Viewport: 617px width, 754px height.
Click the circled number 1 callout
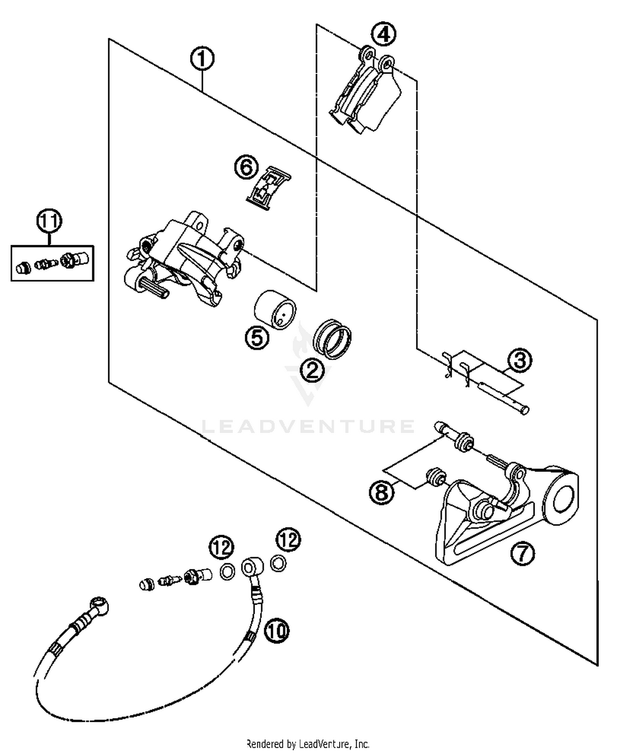tap(202, 59)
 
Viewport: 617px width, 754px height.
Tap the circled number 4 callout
tap(383, 35)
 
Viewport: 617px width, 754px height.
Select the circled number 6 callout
tap(246, 167)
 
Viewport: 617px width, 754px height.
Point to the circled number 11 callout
tap(49, 221)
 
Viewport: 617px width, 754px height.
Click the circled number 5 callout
tap(257, 338)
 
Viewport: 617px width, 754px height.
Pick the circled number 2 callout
tap(312, 371)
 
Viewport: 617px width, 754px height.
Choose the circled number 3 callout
tap(520, 360)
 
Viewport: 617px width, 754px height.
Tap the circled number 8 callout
tap(382, 491)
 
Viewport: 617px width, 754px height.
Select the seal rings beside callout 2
tap(332, 338)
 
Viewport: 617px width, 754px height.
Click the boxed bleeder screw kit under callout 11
tap(52, 263)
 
